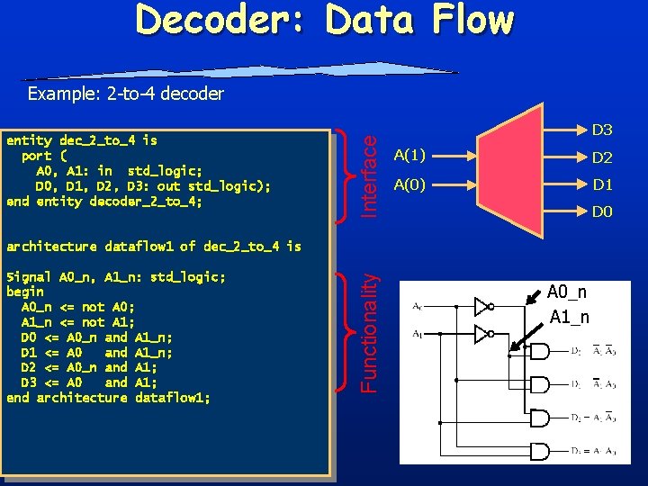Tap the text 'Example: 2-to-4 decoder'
125,93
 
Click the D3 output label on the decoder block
602,130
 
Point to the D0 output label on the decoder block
602,213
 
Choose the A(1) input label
409,156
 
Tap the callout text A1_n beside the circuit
571,317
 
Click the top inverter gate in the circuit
484,305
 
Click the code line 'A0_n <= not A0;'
78,307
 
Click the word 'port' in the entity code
40,155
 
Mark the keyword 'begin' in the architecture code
25,292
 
